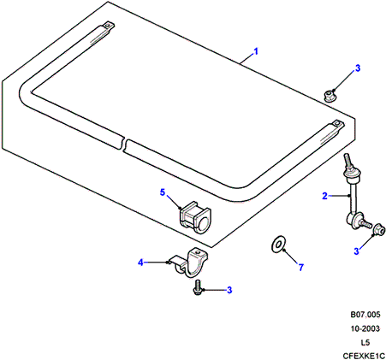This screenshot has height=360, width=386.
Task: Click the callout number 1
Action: click(x=256, y=51)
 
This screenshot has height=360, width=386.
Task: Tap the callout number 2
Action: click(x=324, y=196)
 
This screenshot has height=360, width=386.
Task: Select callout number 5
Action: click(x=163, y=192)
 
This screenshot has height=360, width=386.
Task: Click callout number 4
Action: click(x=140, y=263)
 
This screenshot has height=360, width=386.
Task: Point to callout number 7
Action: click(x=301, y=268)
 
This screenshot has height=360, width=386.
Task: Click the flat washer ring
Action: click(x=278, y=244)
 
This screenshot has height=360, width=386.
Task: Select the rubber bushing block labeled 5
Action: click(x=195, y=217)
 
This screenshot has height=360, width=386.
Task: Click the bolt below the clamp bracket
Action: click(x=198, y=287)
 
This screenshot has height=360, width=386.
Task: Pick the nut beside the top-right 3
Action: click(x=330, y=96)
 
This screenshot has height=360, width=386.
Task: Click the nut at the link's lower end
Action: click(x=379, y=229)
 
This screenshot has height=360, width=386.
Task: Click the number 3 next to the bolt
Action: click(x=229, y=290)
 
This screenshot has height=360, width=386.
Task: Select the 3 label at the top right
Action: click(x=358, y=68)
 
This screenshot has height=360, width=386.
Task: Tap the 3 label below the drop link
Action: click(x=356, y=251)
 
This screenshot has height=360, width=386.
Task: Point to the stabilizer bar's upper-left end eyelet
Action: click(x=108, y=26)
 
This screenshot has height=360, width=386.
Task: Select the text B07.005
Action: click(x=365, y=315)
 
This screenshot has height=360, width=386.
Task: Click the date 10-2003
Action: click(x=365, y=328)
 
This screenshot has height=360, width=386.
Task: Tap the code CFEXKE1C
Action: click(x=364, y=356)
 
